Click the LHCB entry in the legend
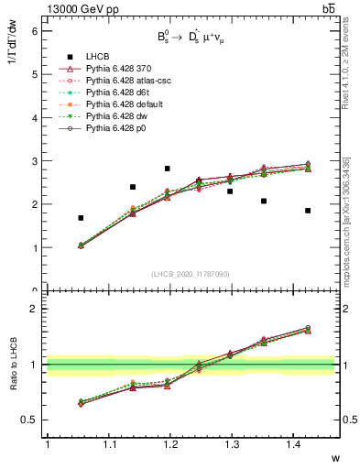pos(100,58)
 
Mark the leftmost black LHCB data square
pos(82,218)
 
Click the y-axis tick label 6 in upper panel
pos(35,30)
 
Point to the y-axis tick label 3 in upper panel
pos(35,161)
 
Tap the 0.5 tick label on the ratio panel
pos(30,420)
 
